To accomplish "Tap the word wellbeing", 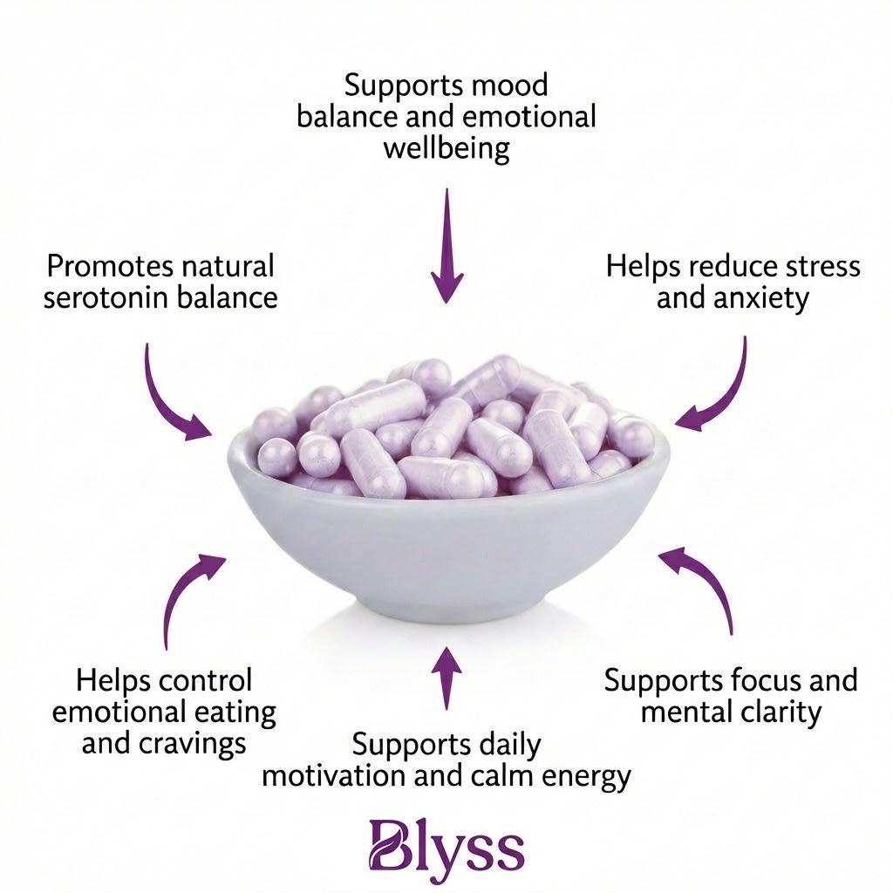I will point(446,148).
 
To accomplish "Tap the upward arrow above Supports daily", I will point(446,677).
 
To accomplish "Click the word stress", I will point(810,266).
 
